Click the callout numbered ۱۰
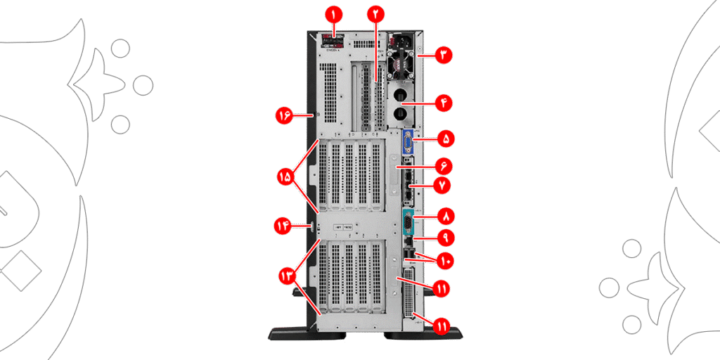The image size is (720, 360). [445, 261]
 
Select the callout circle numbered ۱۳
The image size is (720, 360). [288, 276]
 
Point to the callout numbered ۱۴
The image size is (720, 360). [284, 226]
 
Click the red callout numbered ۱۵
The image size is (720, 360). [288, 176]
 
